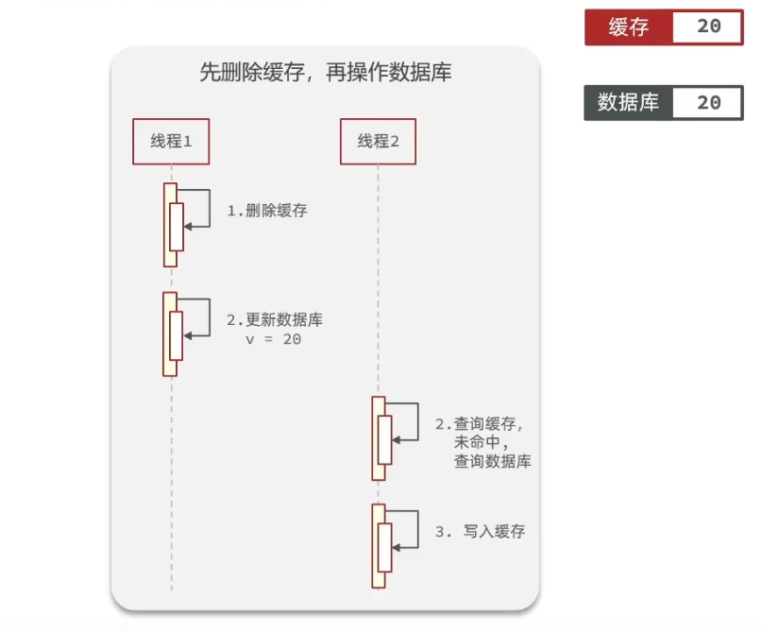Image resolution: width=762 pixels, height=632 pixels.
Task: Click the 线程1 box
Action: (x=171, y=142)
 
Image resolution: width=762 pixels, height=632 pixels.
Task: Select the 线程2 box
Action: (x=378, y=142)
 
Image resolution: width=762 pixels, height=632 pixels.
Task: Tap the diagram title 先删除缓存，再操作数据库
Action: (x=326, y=73)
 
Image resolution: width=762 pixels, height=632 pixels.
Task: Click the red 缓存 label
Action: (x=629, y=27)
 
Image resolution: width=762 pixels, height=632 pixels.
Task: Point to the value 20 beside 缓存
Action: (x=708, y=26)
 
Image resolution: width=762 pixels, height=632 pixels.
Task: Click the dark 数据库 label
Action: (x=628, y=103)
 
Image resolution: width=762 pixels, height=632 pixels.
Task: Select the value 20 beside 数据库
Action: (x=708, y=103)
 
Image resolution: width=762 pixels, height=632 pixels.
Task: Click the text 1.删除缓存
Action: (x=267, y=211)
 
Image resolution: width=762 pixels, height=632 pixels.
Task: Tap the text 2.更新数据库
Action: (x=275, y=320)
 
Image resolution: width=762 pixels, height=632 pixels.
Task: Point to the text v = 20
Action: (x=274, y=339)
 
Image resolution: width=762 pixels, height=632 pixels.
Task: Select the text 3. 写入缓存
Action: (x=480, y=531)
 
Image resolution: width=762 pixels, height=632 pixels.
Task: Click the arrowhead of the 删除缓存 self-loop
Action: (x=188, y=227)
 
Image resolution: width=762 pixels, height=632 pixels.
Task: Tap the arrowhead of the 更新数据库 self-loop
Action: (x=187, y=336)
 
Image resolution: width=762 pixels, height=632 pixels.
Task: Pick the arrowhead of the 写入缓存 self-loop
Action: (x=396, y=548)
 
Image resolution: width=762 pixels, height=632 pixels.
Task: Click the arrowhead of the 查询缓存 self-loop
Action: (x=396, y=440)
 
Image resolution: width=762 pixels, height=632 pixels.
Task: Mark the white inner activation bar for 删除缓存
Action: (x=177, y=227)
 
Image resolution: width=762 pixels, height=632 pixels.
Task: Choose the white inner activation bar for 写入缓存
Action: (x=384, y=547)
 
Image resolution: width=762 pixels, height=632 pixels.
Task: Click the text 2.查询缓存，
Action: (x=479, y=424)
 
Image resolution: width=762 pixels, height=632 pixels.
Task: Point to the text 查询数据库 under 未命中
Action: (x=492, y=461)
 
